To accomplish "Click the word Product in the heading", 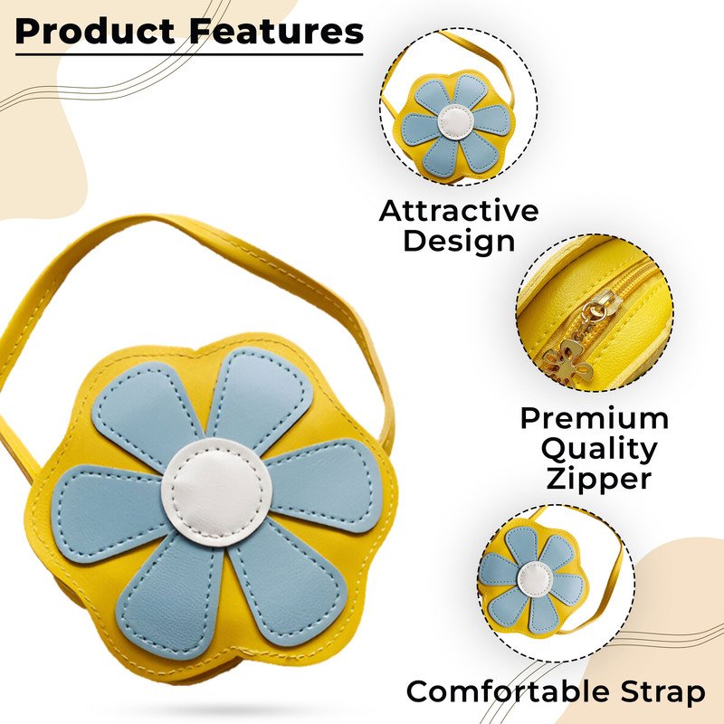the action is click(95, 32).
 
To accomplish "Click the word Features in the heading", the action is click(277, 32).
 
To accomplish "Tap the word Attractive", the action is click(459, 211).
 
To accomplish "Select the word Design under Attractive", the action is click(459, 241).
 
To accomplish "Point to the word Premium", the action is click(595, 418).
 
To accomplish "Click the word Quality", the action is click(599, 450).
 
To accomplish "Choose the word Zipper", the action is click(599, 479).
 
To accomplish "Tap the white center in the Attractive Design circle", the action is click(456, 121).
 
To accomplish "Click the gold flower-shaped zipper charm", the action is click(567, 363).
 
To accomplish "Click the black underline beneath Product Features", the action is click(189, 54).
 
